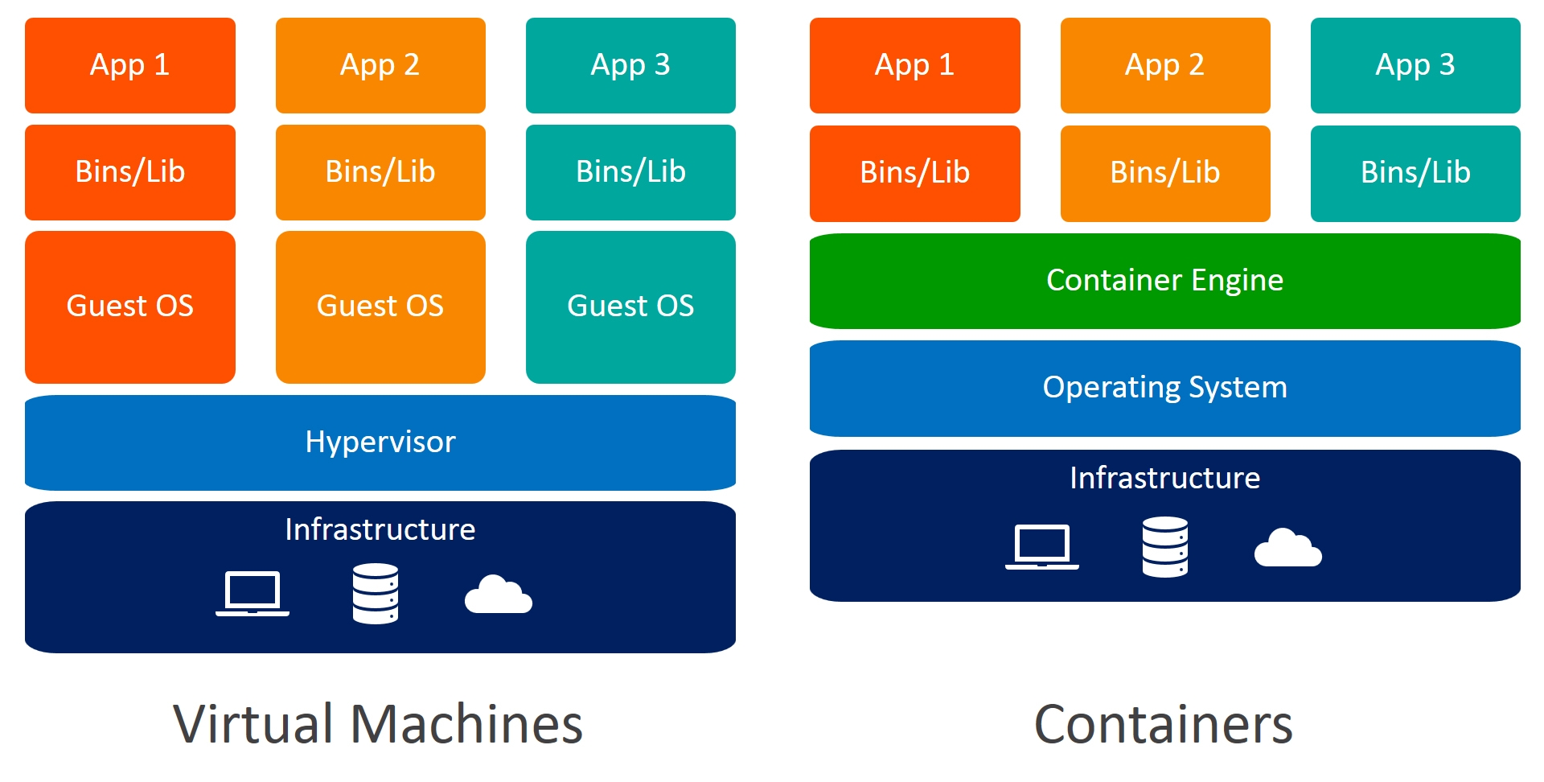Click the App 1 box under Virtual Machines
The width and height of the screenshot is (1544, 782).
coord(130,65)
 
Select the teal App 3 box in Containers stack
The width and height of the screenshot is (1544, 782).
coord(1415,65)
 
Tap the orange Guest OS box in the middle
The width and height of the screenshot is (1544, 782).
coord(380,307)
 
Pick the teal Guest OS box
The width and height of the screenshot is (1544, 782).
coord(630,307)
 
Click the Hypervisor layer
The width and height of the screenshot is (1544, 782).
coord(380,442)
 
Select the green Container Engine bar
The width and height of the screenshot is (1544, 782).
coord(1164,281)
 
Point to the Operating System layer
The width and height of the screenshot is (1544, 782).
coord(1164,388)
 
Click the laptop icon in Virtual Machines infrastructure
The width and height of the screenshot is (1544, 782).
coord(253,594)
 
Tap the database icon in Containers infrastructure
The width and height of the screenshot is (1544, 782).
coord(1165,547)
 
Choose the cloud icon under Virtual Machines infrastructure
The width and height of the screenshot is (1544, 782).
coord(499,595)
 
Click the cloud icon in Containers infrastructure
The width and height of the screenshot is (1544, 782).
coord(1287,549)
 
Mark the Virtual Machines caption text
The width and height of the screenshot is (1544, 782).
coord(378,724)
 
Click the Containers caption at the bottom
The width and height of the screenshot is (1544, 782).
coord(1163,724)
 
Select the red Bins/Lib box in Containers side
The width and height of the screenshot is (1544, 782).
coord(914,173)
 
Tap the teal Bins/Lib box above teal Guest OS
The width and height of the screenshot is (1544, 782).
coord(630,172)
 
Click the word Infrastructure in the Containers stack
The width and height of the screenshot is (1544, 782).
coord(1164,478)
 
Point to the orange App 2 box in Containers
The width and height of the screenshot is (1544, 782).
coord(1164,65)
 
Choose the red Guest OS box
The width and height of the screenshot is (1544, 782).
coord(130,307)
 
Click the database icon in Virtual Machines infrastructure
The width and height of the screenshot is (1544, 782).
coord(376,594)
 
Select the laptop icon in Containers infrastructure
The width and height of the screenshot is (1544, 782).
coord(1042,547)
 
